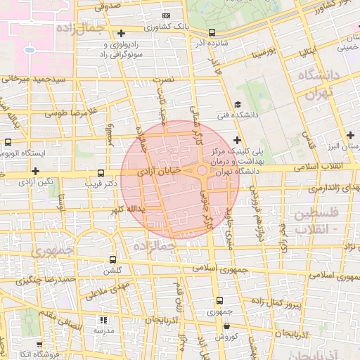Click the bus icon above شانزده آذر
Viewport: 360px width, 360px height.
(212, 32)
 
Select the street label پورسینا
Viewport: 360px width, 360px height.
(272, 52)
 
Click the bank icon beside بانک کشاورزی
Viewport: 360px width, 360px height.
(165, 15)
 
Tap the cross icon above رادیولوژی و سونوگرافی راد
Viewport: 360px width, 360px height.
(122, 33)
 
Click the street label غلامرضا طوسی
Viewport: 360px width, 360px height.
(70, 112)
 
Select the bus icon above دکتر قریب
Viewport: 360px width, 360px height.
(101, 172)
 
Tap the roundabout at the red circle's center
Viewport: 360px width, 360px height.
(202, 171)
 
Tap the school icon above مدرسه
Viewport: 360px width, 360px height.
(105, 319)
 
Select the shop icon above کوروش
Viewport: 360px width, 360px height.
(226, 326)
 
